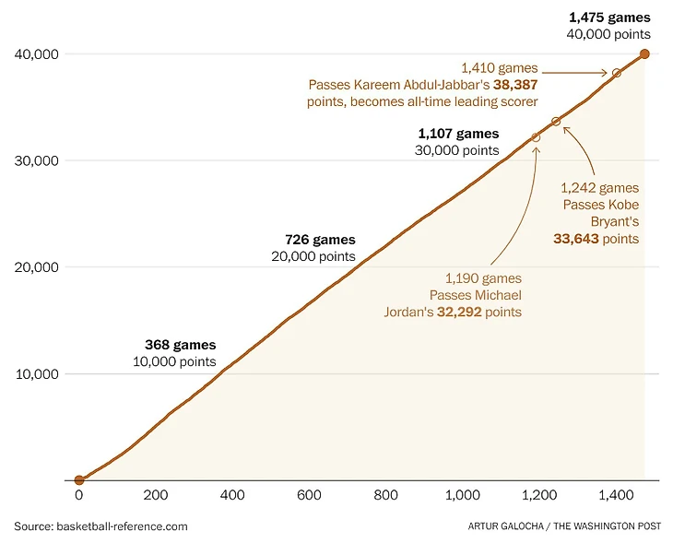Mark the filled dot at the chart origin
click(x=79, y=480)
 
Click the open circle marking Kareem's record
click(x=617, y=73)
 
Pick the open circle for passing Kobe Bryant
click(x=556, y=122)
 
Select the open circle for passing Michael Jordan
click(x=537, y=137)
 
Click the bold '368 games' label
click(x=181, y=346)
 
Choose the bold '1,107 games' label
click(x=458, y=134)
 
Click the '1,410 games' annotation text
click(x=499, y=67)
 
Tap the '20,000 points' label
click(x=313, y=257)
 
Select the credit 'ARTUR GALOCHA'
click(x=502, y=527)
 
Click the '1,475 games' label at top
click(x=609, y=18)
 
